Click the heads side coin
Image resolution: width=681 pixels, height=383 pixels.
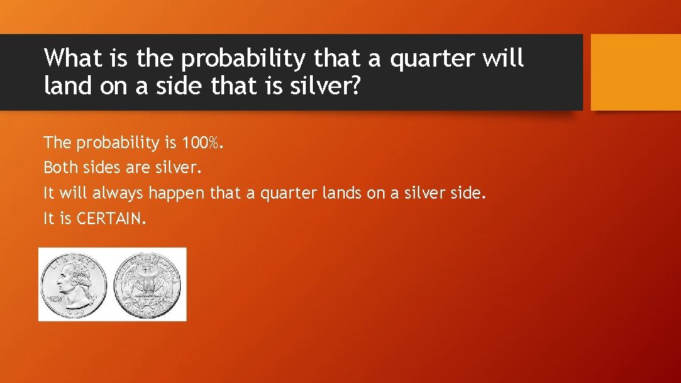pyautogui.click(x=73, y=284)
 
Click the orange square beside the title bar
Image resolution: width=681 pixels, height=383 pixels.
pyautogui.click(x=636, y=72)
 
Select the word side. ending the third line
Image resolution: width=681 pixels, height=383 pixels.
pyautogui.click(x=468, y=193)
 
